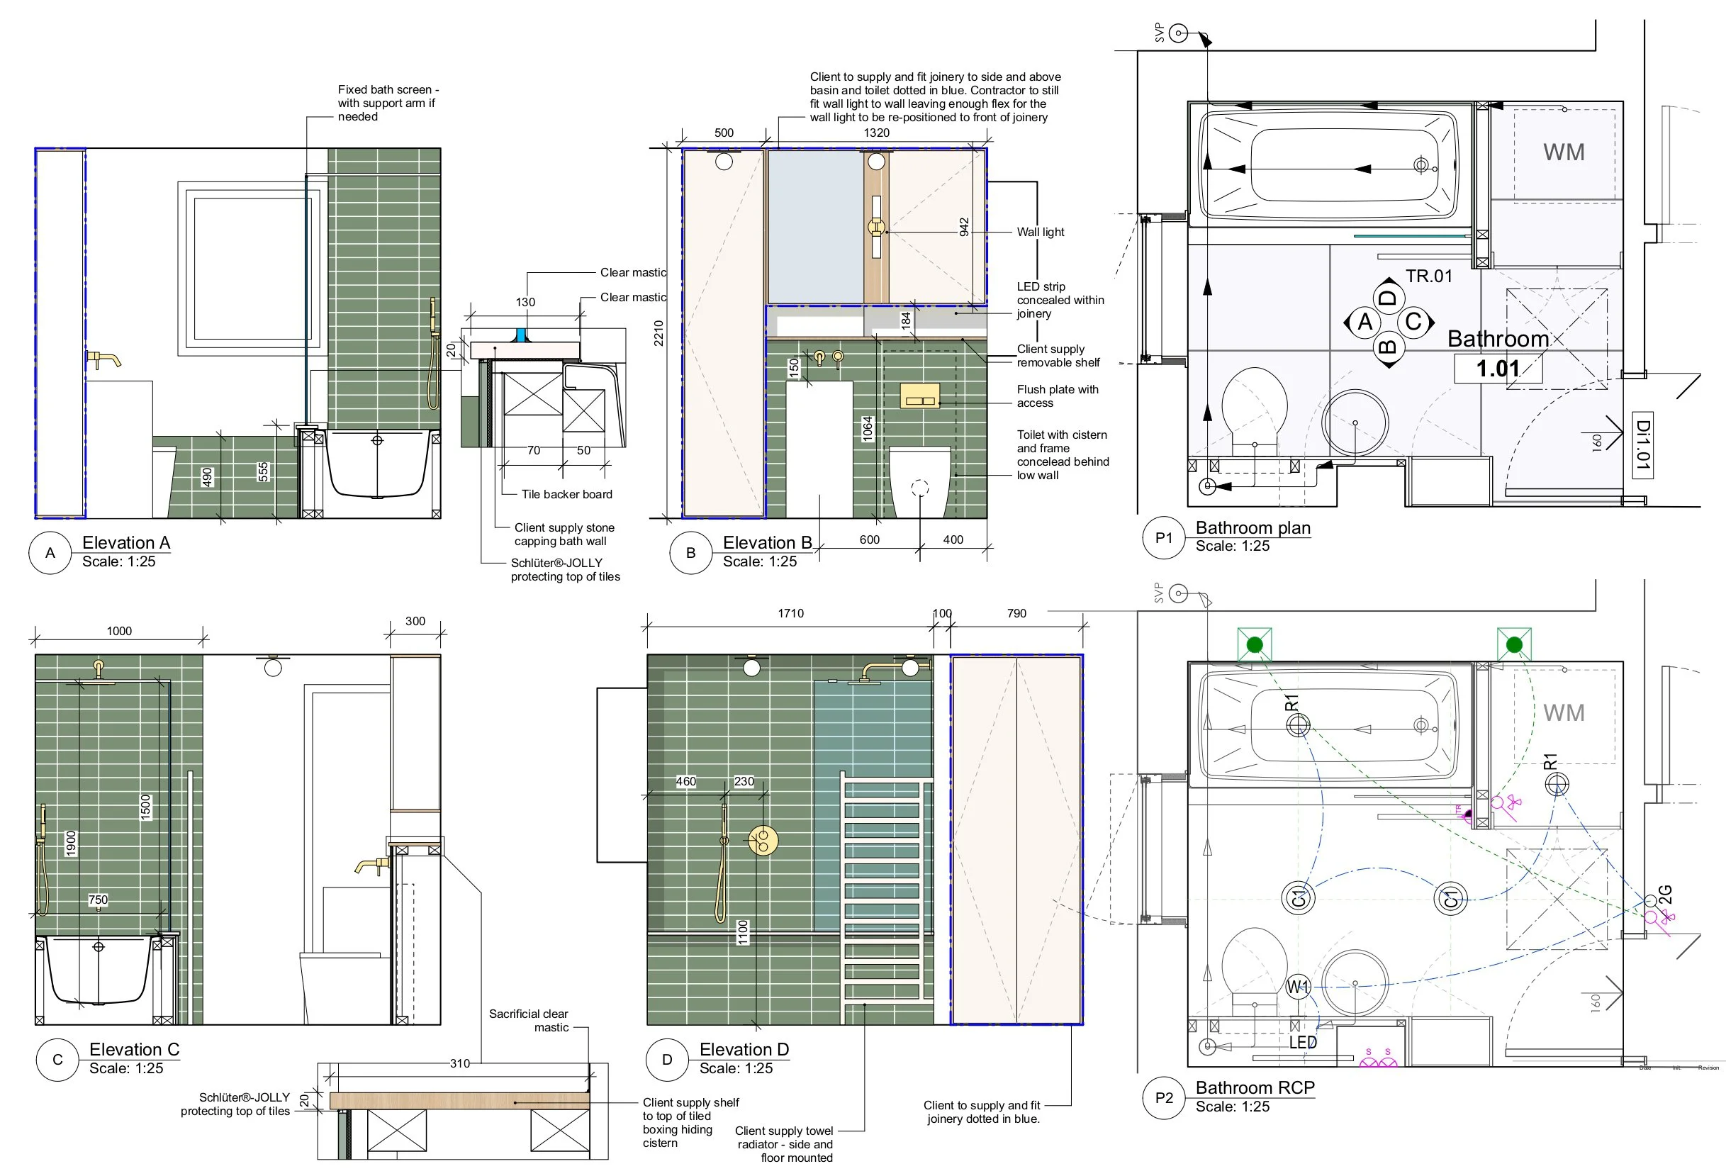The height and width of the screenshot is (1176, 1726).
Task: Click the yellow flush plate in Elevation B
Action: (x=919, y=396)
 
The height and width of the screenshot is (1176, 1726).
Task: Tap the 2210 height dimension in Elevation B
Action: (x=659, y=333)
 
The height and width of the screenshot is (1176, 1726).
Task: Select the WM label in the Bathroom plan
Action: (x=1564, y=152)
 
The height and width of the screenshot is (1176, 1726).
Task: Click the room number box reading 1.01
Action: (x=1498, y=369)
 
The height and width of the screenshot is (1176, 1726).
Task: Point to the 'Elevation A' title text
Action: (x=126, y=542)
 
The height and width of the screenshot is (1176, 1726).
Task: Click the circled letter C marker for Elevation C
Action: (x=57, y=1059)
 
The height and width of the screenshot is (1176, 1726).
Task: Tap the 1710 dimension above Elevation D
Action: (x=790, y=614)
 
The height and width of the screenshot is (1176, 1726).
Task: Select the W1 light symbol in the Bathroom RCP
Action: (x=1297, y=987)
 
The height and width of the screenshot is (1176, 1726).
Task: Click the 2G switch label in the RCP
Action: (x=1666, y=895)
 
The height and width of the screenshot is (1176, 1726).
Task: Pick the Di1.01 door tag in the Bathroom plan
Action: (x=1642, y=445)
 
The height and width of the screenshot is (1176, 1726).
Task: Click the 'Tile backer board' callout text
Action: (x=566, y=494)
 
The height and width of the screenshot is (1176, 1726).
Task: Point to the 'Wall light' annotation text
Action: (x=1040, y=232)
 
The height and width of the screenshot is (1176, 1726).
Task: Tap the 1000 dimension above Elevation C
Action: (x=119, y=631)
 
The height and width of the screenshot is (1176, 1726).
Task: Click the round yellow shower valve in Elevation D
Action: (x=762, y=840)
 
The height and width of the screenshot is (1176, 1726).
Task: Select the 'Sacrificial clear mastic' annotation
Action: (x=529, y=1020)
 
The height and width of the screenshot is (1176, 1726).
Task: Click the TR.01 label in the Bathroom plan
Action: (x=1428, y=276)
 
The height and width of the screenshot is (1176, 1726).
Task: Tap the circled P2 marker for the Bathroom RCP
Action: (x=1164, y=1098)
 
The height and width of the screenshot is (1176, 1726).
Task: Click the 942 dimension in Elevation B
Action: (x=964, y=227)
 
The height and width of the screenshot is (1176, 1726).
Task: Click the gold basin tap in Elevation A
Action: (x=103, y=359)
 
